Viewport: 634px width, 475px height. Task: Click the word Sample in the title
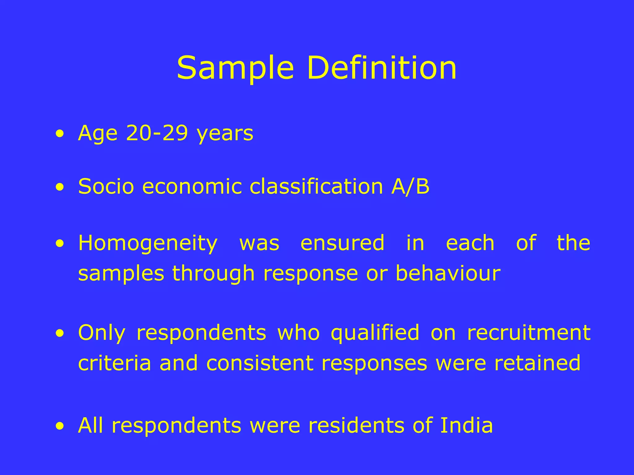point(235,69)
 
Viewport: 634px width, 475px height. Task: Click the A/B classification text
point(410,187)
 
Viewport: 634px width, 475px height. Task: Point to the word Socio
point(106,187)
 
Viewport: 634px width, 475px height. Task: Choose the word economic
point(192,187)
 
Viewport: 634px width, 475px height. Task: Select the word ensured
point(342,243)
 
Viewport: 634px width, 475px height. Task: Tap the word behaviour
point(448,273)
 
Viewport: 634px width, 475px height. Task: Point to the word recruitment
point(528,333)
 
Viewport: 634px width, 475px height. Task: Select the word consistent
point(260,363)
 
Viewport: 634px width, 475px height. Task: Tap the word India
point(466,426)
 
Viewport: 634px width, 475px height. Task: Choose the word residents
point(356,426)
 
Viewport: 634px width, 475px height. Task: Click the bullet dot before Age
point(60,134)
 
